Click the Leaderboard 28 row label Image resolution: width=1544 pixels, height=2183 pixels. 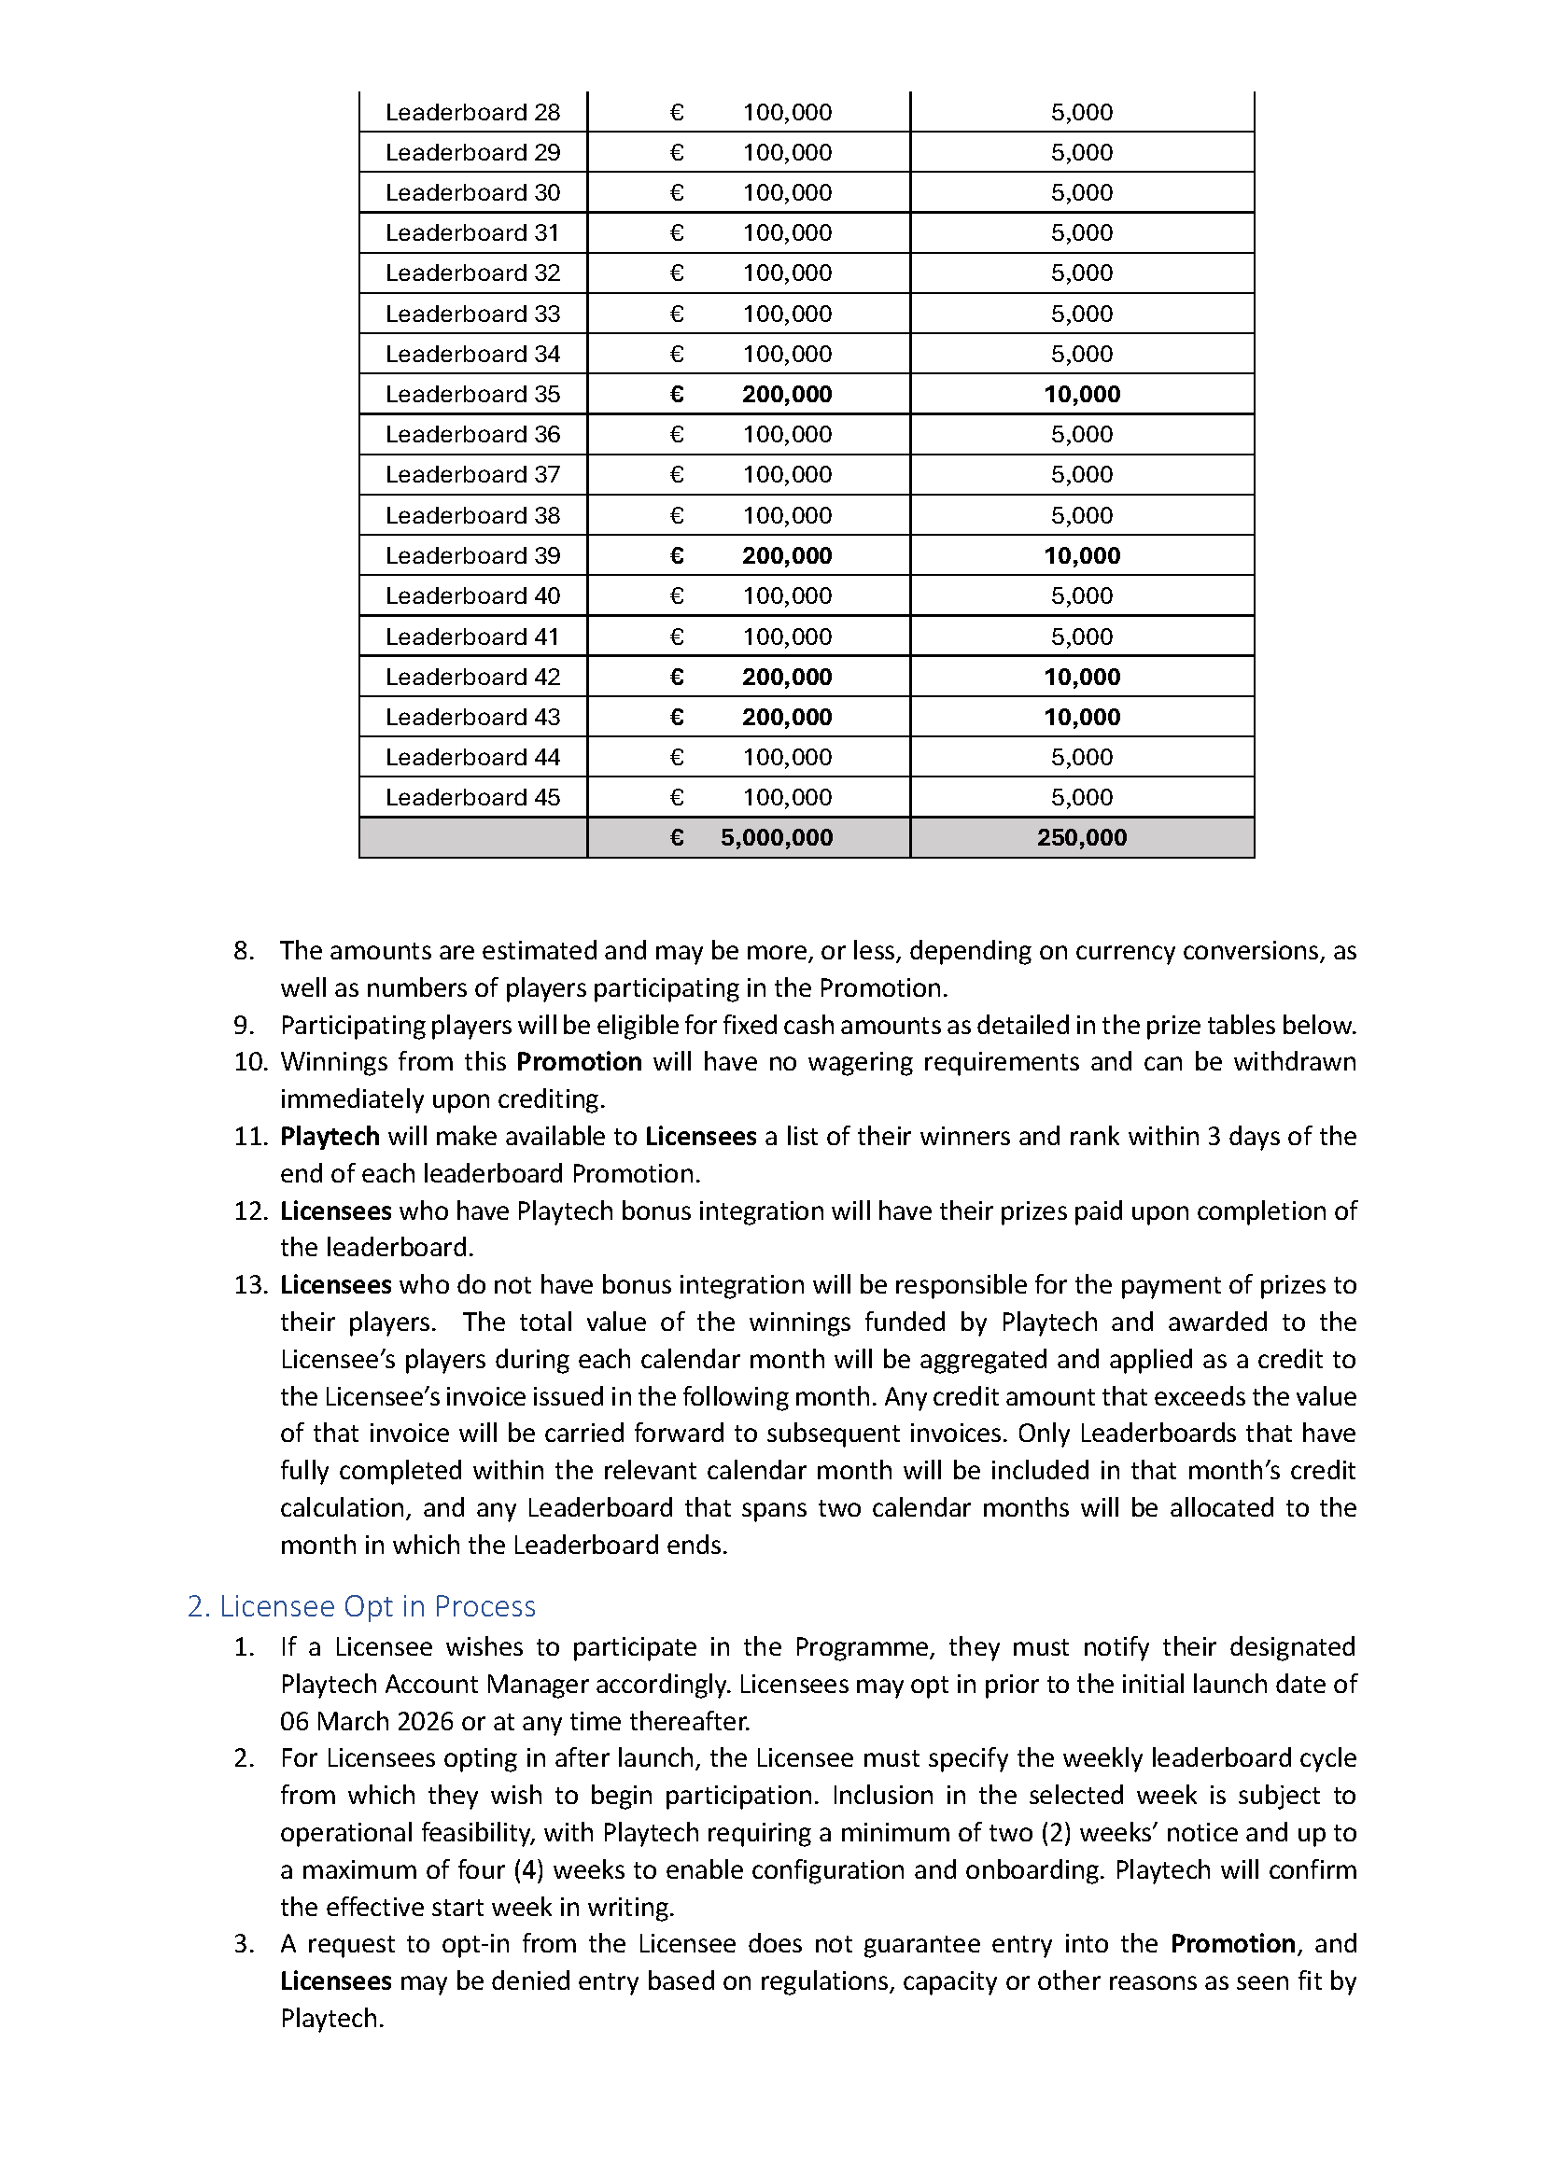tap(472, 112)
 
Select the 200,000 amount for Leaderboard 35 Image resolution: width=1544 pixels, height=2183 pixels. tap(786, 394)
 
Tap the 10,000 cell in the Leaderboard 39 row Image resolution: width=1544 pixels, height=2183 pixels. tap(1082, 555)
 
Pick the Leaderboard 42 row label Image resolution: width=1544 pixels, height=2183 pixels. tap(472, 677)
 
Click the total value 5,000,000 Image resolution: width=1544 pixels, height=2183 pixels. tap(776, 837)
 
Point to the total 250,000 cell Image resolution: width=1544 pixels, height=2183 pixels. tap(1082, 837)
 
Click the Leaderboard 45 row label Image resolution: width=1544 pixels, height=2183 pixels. tap(472, 797)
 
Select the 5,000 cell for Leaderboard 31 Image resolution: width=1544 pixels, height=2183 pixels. tap(1082, 232)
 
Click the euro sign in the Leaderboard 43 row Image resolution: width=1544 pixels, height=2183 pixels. tap(677, 717)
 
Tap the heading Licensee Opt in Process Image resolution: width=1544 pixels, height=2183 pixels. tap(361, 1606)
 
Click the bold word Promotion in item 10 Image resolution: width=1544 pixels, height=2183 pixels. tap(579, 1061)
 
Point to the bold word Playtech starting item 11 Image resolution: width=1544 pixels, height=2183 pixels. tap(329, 1136)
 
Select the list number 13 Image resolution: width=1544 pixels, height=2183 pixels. tap(250, 1284)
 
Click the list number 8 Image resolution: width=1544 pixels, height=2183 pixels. tap(244, 950)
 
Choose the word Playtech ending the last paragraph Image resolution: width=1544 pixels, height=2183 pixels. tap(331, 2018)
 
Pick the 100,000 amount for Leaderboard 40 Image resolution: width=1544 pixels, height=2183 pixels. tap(786, 595)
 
